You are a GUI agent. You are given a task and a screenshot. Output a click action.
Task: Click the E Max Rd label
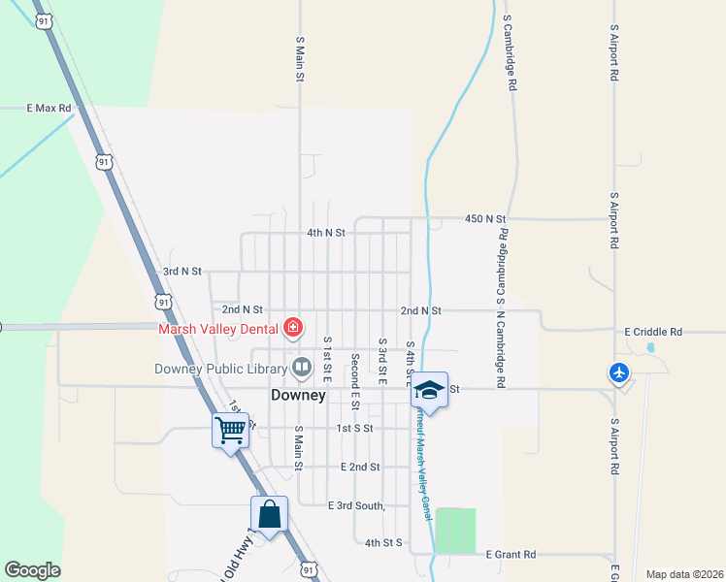pos(49,108)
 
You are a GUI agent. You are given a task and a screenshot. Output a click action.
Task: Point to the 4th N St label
pos(325,233)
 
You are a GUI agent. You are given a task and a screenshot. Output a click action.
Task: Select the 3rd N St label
pos(181,272)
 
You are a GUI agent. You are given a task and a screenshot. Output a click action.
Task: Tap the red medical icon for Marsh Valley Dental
pos(292,328)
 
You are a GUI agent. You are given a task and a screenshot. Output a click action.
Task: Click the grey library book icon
pos(302,367)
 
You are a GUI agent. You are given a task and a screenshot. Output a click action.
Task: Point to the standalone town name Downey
pos(297,396)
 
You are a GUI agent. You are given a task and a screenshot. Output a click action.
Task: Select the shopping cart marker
pos(230,428)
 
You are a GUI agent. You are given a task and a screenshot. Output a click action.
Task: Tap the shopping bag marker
pos(269,513)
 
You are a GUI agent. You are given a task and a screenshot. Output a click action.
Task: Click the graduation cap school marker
pos(429,390)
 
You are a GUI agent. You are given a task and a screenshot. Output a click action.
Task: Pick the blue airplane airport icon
pos(619,372)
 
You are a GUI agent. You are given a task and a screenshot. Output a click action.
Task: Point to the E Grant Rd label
pos(511,555)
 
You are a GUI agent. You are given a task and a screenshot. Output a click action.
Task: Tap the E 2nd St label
pos(360,467)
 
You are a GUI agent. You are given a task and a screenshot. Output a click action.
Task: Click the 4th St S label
pos(383,542)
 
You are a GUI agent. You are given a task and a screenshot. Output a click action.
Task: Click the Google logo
pos(32,570)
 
